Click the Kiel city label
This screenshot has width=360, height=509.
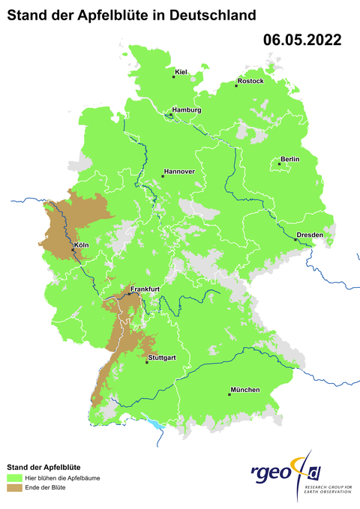(x=180, y=72)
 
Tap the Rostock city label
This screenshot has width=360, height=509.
(x=250, y=81)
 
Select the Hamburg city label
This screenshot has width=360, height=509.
(x=187, y=110)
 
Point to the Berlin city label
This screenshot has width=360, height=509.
(x=289, y=159)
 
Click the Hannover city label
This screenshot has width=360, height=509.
(x=178, y=172)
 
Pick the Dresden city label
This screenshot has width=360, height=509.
(x=310, y=235)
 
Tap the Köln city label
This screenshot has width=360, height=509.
(x=82, y=245)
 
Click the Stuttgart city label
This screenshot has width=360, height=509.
(x=162, y=358)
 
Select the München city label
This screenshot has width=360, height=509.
(x=245, y=390)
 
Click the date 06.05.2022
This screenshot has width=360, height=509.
(x=302, y=40)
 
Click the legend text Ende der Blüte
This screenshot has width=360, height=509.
(x=46, y=487)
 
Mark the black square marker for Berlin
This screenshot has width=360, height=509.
(x=279, y=163)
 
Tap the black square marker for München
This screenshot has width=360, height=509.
(x=230, y=394)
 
